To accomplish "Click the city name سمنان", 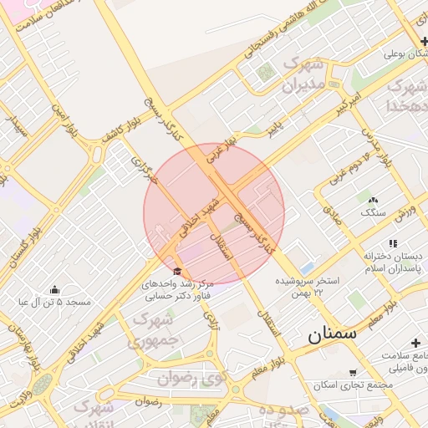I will (x=332, y=334).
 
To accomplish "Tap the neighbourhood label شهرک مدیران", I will (x=303, y=74).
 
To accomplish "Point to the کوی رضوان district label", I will (x=191, y=378).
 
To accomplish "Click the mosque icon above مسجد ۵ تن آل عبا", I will (x=54, y=288).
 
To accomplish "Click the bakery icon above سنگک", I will (x=372, y=199).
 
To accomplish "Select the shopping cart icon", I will (x=352, y=373).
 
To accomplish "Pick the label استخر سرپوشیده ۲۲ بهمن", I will (x=308, y=286).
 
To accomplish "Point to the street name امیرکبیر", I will (x=347, y=104).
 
